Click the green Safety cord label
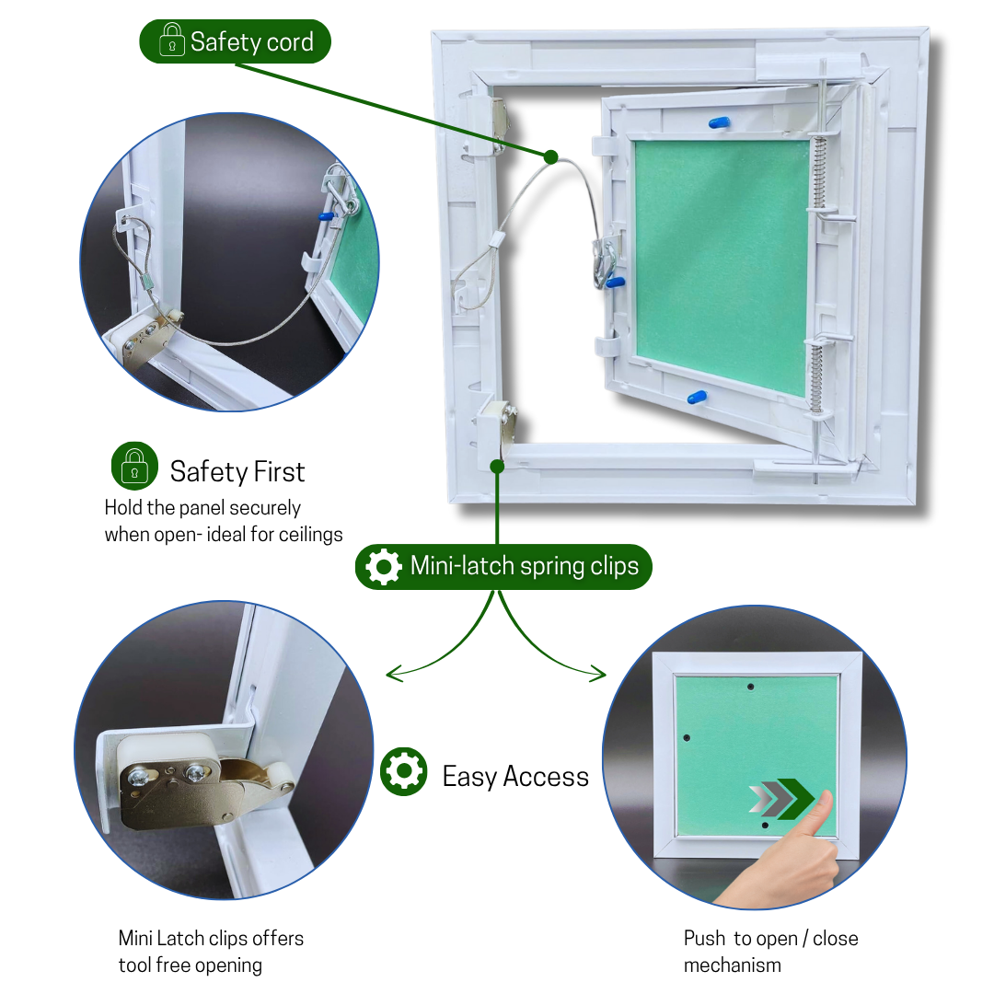[236, 41]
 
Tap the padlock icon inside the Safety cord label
[172, 40]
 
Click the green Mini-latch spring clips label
[504, 566]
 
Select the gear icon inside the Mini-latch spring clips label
[384, 566]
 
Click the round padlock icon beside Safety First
[134, 466]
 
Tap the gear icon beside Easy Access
[404, 771]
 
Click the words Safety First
[237, 471]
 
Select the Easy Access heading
[515, 777]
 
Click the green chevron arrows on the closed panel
[781, 799]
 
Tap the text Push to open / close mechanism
[771, 952]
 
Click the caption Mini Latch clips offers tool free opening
[211, 952]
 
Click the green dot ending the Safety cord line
[551, 157]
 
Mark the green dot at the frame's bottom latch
[498, 467]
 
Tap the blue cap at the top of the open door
[719, 123]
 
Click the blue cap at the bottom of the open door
[697, 399]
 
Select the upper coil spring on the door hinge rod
[820, 172]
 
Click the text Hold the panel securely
[202, 508]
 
